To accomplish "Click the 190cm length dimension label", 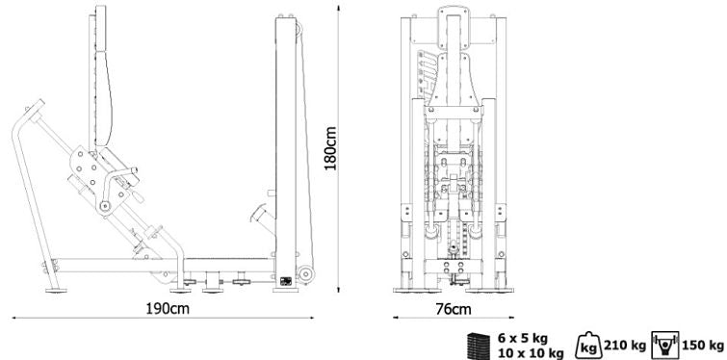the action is pos(168,309).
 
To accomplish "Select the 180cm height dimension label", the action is pos(330,148).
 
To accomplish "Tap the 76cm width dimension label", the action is pos(454,309).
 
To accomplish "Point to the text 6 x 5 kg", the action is pos(523,338).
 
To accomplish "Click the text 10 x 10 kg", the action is pos(531,353).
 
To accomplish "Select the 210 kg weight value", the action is pos(625,346).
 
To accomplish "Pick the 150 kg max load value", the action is pos(702,346).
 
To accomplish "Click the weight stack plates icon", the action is pos(478,346).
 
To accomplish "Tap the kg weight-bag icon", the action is pos(588,346).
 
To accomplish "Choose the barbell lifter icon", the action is pos(664,346).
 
